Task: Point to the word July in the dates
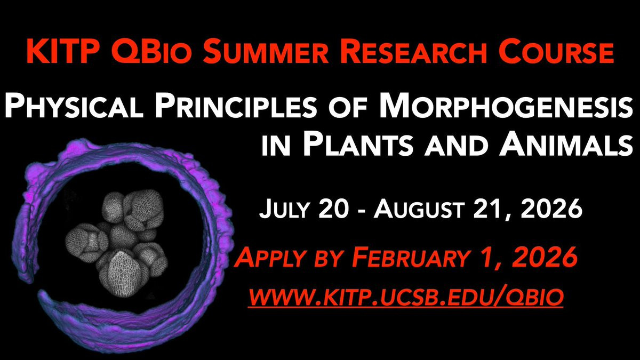click(284, 209)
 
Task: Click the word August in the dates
click(419, 209)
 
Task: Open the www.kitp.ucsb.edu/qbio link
click(406, 298)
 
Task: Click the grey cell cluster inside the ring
click(117, 243)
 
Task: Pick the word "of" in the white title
click(348, 108)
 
